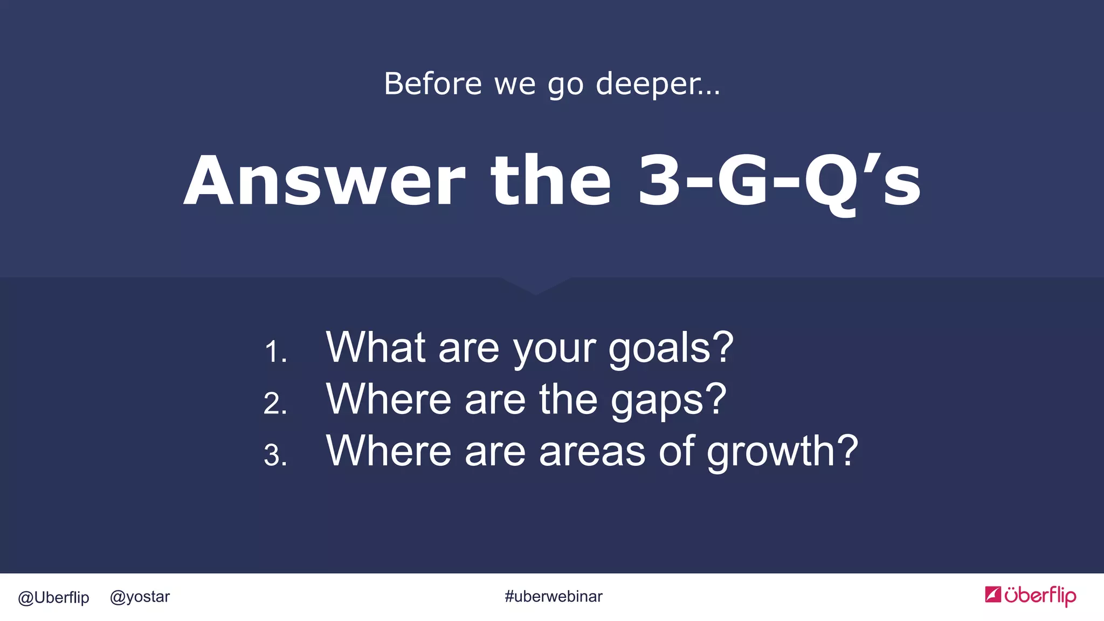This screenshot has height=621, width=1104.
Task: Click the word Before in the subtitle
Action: point(433,84)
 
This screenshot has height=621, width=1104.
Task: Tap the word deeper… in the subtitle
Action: point(658,84)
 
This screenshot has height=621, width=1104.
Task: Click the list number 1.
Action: point(275,351)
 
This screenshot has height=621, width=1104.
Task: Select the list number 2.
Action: point(275,403)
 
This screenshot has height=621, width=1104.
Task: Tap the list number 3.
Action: point(275,455)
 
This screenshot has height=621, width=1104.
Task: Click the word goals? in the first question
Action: point(671,348)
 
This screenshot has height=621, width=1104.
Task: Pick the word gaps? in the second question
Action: point(668,400)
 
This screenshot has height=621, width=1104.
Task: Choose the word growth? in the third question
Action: point(782,452)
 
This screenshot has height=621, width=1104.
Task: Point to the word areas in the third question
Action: point(592,452)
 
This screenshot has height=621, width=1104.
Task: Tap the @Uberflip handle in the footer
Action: point(53,597)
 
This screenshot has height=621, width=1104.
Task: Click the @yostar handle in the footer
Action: point(140,597)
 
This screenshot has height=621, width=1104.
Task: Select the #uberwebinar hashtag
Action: point(554,596)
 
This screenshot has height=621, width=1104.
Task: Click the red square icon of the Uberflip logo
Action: point(993,594)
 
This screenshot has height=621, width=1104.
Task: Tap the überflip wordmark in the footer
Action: point(1040,596)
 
